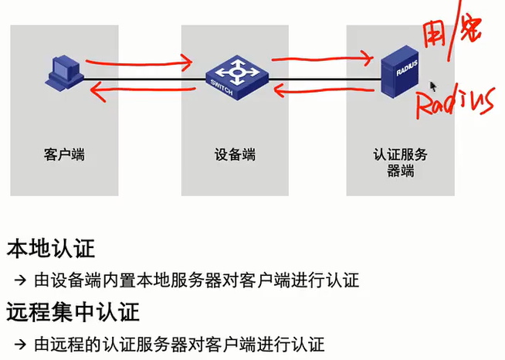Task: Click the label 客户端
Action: [x=64, y=155]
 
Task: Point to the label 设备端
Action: [x=235, y=155]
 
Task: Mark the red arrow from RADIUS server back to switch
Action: [x=324, y=93]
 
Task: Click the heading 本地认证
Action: [x=51, y=249]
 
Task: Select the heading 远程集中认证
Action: [x=73, y=313]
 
